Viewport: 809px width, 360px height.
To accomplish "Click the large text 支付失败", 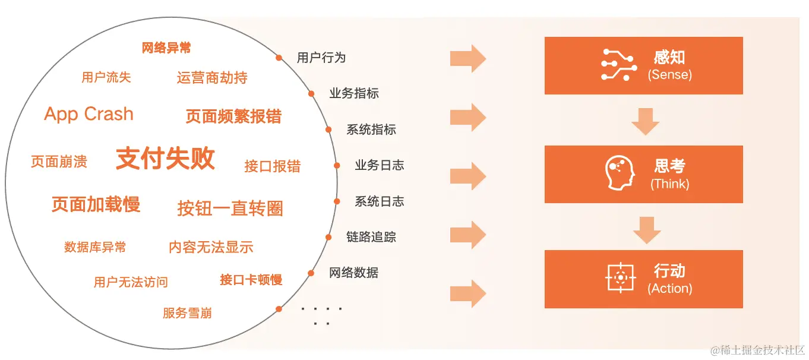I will click(x=165, y=159).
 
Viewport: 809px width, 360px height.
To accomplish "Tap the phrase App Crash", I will click(x=89, y=114).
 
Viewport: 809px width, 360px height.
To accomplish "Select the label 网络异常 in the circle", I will click(x=166, y=48).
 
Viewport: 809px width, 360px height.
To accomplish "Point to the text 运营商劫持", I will click(x=212, y=78).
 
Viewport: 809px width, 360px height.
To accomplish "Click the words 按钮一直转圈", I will click(x=230, y=209).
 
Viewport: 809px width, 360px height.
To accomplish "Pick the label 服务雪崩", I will click(x=187, y=313).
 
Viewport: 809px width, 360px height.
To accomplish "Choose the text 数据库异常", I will click(x=95, y=247).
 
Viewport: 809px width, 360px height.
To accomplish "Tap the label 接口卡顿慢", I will click(x=251, y=280).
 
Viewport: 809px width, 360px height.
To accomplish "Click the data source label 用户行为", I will click(x=321, y=58).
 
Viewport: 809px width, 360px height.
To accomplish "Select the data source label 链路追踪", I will click(x=371, y=237).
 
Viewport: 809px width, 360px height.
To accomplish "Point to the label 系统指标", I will click(x=371, y=130).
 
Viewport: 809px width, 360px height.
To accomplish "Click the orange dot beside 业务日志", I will click(x=337, y=166).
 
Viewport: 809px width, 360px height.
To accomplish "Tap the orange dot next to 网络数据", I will click(x=311, y=273).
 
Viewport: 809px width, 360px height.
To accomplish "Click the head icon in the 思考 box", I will click(x=620, y=173).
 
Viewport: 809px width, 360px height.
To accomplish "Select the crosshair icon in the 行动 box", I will click(x=621, y=277).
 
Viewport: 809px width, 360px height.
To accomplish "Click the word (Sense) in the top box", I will click(x=669, y=75).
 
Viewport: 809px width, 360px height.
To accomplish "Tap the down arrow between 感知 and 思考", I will click(x=645, y=121).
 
